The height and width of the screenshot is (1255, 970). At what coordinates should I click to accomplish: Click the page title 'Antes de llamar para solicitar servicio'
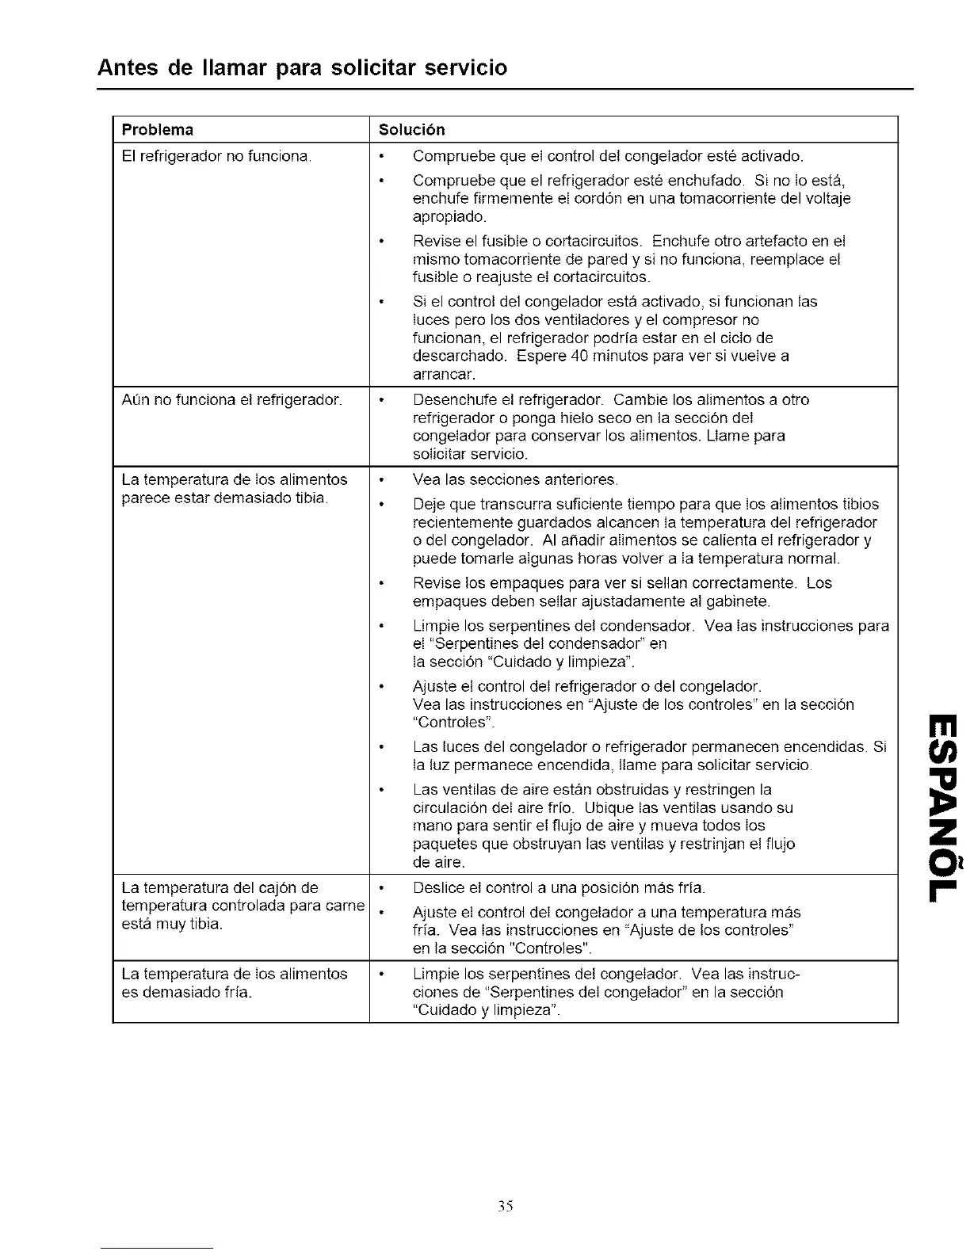pyautogui.click(x=302, y=67)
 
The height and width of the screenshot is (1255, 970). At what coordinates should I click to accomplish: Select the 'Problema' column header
pyautogui.click(x=158, y=129)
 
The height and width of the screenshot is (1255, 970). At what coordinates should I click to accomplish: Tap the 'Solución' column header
pyautogui.click(x=411, y=129)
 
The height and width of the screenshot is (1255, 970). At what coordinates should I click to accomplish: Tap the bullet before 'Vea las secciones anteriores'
pyautogui.click(x=382, y=480)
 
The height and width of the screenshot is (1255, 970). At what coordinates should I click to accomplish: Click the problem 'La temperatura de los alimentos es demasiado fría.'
pyautogui.click(x=235, y=982)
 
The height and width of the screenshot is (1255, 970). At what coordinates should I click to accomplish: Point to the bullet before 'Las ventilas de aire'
pyautogui.click(x=382, y=790)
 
